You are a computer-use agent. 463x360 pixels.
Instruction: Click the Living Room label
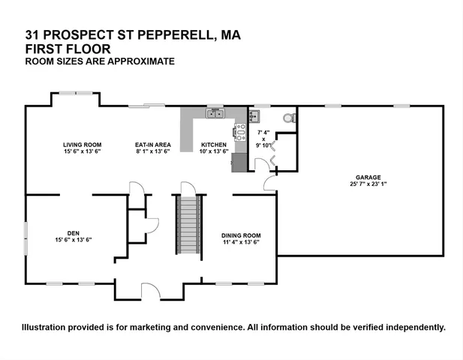click(82, 144)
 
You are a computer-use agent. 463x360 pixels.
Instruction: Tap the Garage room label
click(369, 178)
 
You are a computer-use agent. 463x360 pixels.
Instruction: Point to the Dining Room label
click(242, 235)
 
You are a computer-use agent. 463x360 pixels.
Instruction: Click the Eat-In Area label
click(152, 144)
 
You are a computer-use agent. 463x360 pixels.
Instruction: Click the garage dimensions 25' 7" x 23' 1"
click(369, 184)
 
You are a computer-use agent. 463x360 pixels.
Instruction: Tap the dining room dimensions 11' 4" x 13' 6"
click(242, 242)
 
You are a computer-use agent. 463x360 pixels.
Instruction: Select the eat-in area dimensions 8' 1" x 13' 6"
click(152, 151)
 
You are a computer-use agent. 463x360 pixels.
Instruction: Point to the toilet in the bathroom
click(286, 118)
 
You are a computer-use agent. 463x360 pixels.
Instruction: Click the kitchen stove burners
click(240, 133)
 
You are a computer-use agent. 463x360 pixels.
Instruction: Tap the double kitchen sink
click(216, 114)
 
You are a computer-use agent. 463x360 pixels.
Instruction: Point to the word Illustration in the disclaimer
click(47, 327)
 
